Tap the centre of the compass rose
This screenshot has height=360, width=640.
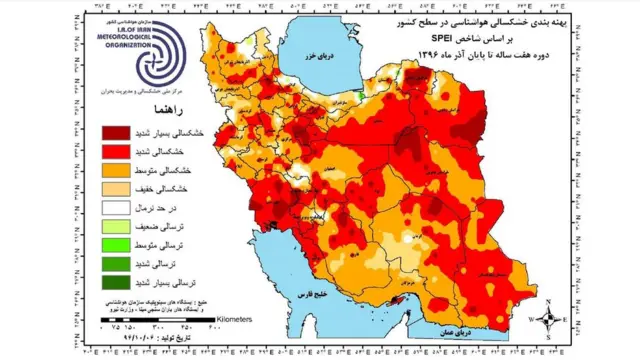pos(550,320)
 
